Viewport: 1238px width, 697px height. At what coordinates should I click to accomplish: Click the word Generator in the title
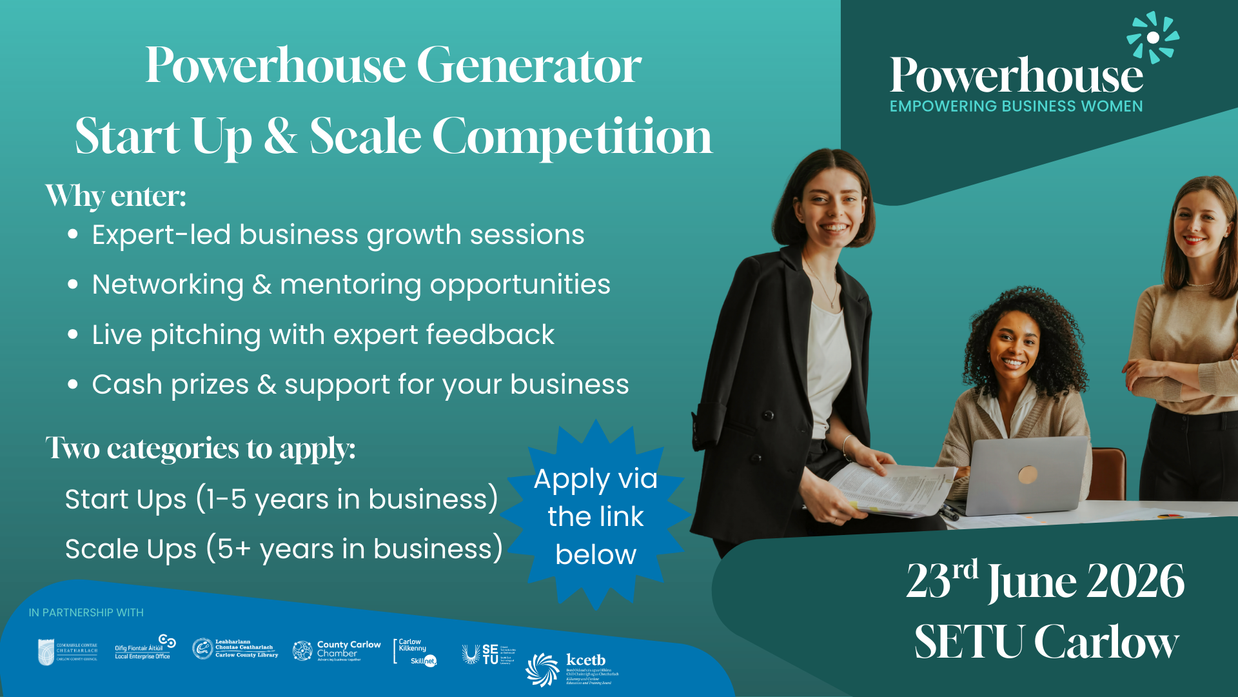click(529, 66)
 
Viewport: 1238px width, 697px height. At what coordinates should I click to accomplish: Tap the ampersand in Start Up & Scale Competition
click(280, 137)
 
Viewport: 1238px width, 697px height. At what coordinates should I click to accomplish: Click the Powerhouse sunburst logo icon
click(1153, 37)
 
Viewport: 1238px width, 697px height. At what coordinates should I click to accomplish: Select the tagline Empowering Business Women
click(1016, 106)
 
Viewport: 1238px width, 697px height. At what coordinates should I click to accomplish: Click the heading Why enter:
click(116, 196)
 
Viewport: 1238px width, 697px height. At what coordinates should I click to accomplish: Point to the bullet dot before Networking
click(73, 285)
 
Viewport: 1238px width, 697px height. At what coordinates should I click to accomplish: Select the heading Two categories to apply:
click(200, 448)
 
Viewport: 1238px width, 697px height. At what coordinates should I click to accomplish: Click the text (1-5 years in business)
click(347, 500)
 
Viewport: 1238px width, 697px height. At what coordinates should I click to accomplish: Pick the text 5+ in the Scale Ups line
click(233, 549)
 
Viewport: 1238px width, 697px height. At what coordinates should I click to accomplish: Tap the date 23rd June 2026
click(1045, 581)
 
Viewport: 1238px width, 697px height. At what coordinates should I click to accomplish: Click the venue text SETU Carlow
click(1046, 643)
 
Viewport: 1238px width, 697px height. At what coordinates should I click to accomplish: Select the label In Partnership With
click(86, 612)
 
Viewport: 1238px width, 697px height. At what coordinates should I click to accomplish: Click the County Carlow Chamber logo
click(337, 650)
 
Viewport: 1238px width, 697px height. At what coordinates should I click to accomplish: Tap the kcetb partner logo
click(571, 668)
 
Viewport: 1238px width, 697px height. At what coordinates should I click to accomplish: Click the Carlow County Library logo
click(235, 649)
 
